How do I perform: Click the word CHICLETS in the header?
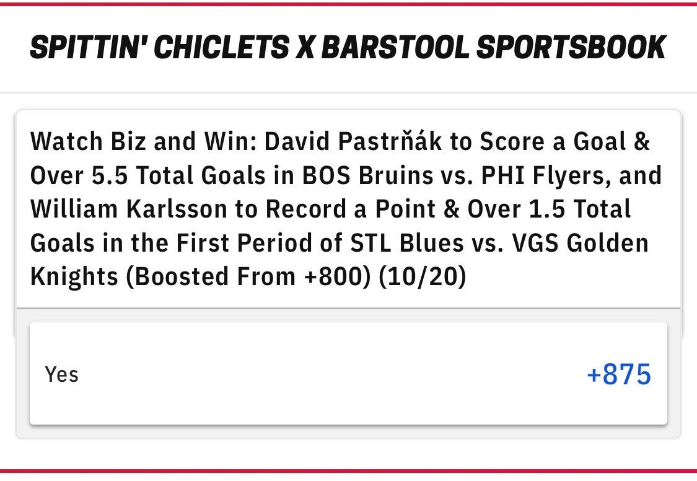coord(221,46)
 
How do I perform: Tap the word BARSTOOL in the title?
coord(395,46)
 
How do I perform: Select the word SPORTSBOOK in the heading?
coord(571,46)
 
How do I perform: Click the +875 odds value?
coord(619,374)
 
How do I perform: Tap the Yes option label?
coord(61,374)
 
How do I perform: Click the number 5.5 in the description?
coord(110,175)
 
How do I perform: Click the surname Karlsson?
coord(177,209)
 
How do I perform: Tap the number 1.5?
coord(546,209)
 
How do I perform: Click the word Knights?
coord(74,277)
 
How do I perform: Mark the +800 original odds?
coord(337,276)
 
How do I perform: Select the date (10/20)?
coord(423,277)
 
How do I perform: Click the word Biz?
coord(128,141)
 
